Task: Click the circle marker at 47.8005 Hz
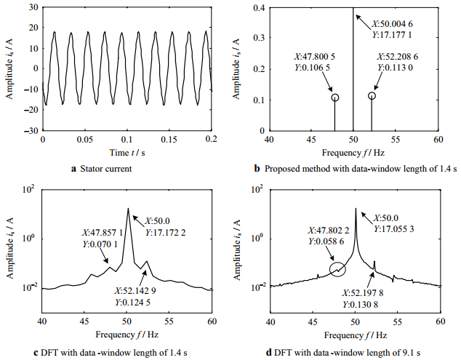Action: point(334,97)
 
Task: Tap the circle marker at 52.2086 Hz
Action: point(372,96)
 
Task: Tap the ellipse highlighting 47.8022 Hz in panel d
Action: point(337,270)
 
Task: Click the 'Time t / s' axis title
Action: point(128,152)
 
